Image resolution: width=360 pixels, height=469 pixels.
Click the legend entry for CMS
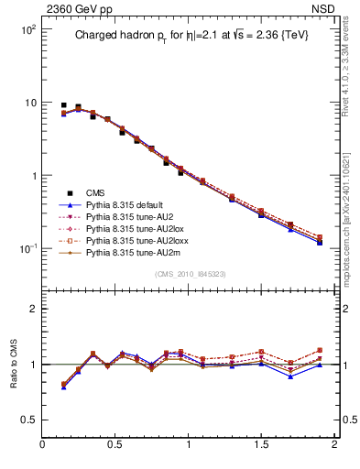tap(95, 192)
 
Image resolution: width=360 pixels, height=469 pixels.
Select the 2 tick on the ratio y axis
tap(32, 309)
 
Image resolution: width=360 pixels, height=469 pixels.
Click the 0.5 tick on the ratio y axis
tap(27, 420)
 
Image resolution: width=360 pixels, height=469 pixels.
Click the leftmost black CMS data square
tap(63, 105)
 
